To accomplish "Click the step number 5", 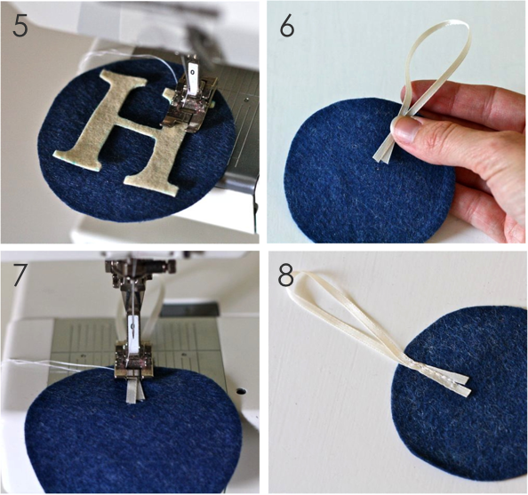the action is coord(20,25).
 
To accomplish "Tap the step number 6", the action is coord(287,25).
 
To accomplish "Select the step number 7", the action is coord(20,276).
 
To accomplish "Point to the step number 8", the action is coord(286,275).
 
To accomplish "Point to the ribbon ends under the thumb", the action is coord(383,152).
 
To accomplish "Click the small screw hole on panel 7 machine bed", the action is coord(240,391).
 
